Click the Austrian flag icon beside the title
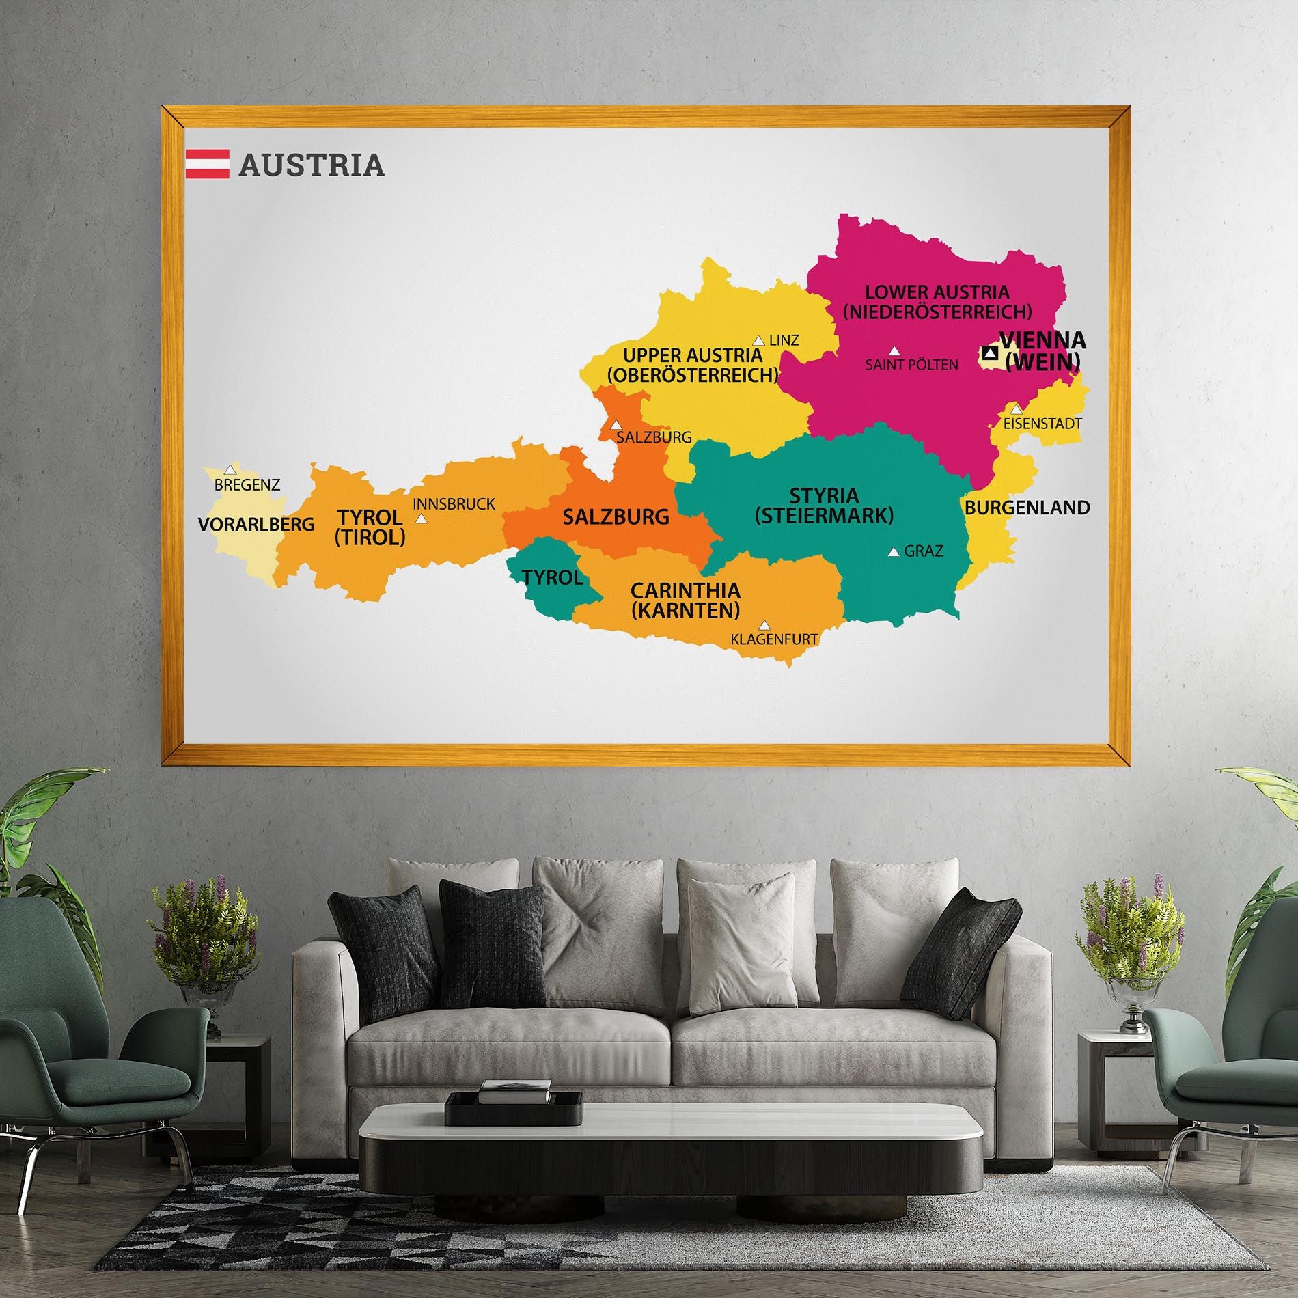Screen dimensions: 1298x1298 pos(207,164)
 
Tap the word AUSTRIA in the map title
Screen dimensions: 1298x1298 pos(312,165)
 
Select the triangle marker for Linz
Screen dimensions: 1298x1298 pos(758,340)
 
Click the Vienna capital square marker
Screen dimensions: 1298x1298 pos(990,353)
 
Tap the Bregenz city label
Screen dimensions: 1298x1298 pos(247,485)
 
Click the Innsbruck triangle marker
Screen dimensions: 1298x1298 pos(422,519)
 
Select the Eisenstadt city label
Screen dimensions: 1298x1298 pos(1042,424)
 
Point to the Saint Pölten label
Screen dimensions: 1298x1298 pos(911,365)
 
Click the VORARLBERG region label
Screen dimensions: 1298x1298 pos(256,525)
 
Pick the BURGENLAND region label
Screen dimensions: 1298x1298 pos(1027,508)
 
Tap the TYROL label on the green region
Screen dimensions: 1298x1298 pos(552,578)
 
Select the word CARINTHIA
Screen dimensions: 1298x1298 pos(685,590)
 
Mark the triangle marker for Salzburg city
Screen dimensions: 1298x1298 pos(616,425)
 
